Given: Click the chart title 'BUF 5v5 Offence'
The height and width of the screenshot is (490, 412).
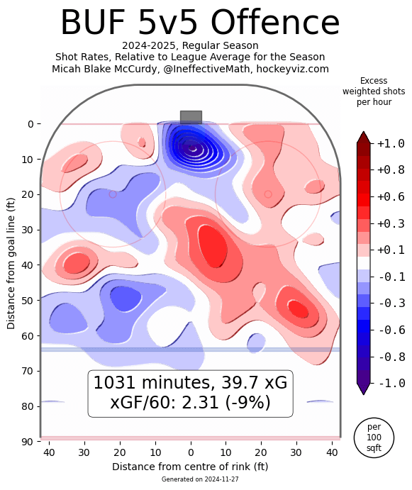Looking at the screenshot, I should click(200, 23).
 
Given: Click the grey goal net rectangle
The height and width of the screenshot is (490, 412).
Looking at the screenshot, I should click(191, 117).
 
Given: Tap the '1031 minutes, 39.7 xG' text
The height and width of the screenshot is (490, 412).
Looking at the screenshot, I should click(190, 383).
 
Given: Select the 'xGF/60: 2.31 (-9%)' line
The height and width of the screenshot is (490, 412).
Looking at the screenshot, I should click(190, 403).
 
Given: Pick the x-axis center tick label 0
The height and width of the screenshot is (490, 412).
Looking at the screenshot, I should click(191, 452).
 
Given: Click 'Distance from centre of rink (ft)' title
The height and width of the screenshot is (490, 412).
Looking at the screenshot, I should click(190, 467).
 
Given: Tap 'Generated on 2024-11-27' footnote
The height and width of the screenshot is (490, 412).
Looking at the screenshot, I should click(190, 480).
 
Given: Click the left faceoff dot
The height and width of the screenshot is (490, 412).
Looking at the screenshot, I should click(113, 194).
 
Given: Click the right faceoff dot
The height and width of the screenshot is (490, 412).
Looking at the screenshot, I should click(268, 194).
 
